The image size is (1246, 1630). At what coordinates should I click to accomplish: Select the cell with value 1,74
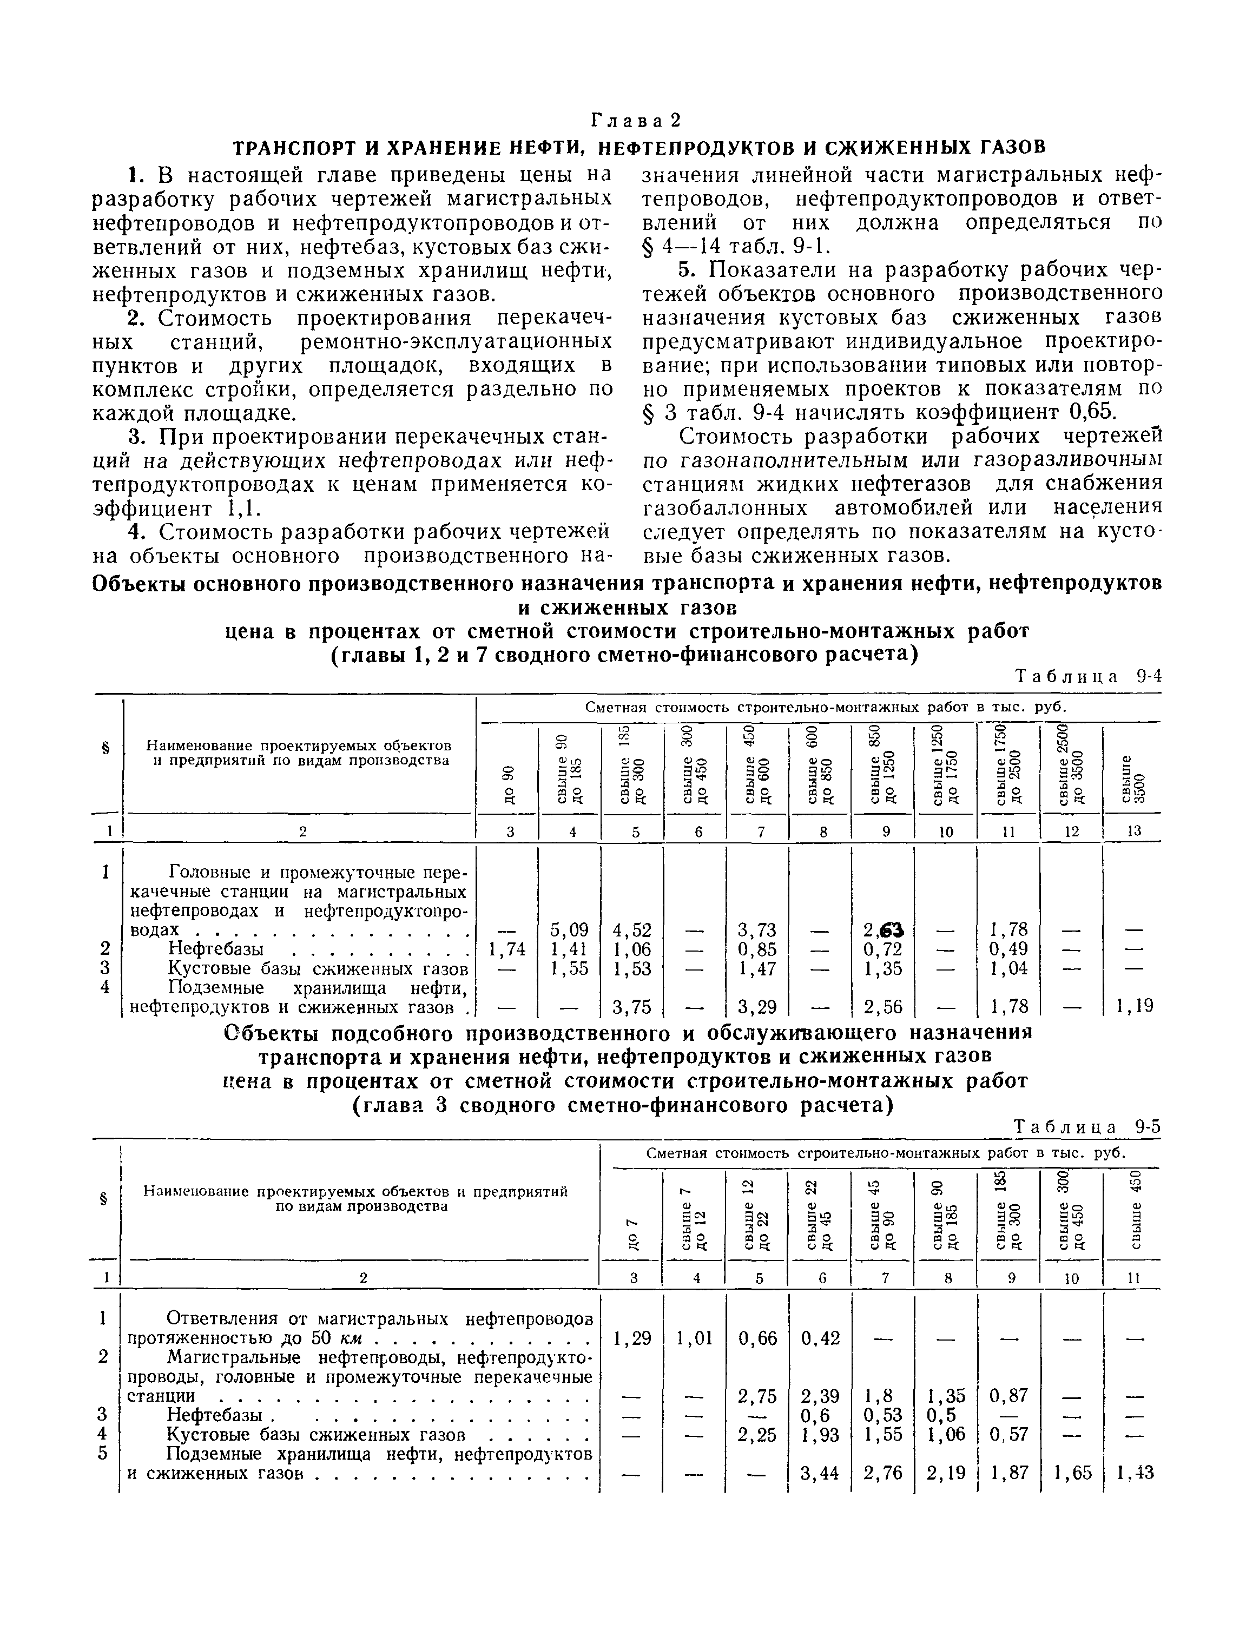(x=507, y=948)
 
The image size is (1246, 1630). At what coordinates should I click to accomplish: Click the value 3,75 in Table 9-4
(x=632, y=1006)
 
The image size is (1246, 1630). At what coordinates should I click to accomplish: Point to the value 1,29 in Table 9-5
(x=632, y=1338)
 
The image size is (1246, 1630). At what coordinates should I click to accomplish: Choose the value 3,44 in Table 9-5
(x=820, y=1473)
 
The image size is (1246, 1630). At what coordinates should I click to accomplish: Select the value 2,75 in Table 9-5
(x=757, y=1396)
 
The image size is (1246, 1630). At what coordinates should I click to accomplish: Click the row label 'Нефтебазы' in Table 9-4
(x=216, y=948)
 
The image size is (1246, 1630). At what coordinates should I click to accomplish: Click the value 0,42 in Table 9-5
(x=820, y=1338)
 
